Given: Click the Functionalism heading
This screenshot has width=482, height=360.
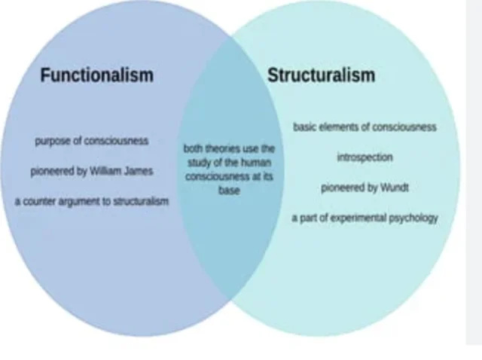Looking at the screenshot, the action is (x=96, y=75).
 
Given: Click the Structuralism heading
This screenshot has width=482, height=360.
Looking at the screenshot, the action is (x=321, y=76).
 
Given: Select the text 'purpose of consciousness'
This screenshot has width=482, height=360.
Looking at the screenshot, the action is (x=91, y=141).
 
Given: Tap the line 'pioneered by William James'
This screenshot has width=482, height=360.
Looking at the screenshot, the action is (x=92, y=171).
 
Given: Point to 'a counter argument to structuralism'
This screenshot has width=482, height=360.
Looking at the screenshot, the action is (x=91, y=202).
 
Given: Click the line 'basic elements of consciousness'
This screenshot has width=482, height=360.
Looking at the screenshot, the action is (x=365, y=127).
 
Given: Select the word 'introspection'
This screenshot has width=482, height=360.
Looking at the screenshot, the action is (x=365, y=157).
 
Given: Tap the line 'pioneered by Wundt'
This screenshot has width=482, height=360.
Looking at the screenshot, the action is (x=365, y=188).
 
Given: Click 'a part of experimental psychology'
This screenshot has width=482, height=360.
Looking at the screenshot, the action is (x=365, y=218).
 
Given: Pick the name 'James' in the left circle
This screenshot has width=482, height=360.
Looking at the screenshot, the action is (x=138, y=171).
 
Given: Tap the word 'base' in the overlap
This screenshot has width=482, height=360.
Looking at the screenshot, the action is (x=230, y=192).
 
